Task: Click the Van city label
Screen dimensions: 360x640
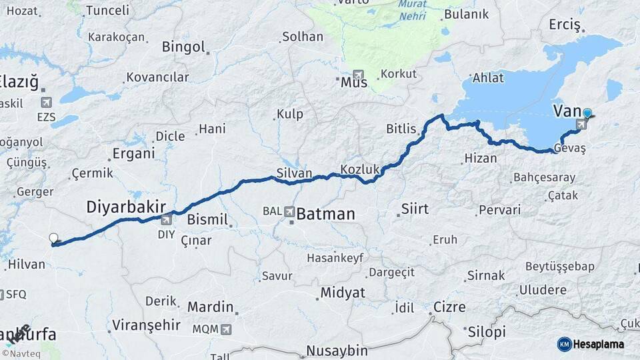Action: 567,111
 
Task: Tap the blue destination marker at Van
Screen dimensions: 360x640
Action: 587,114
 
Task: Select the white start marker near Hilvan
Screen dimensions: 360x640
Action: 53,238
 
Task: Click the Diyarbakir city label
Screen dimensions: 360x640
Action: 125,207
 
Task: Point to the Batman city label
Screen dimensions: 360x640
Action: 325,215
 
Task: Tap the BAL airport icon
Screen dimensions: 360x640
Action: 289,211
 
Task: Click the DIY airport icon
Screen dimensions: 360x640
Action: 166,219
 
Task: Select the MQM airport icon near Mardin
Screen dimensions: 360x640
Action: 226,329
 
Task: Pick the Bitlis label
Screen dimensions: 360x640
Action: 401,129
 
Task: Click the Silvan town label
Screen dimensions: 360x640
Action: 294,173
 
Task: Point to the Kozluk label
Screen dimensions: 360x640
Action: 359,169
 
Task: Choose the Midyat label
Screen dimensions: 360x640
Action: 343,293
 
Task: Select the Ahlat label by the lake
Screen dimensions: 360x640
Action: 488,78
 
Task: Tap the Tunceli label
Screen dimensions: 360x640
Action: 107,10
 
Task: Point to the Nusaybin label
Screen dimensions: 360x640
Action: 337,351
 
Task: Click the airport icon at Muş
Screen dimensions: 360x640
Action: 359,75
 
